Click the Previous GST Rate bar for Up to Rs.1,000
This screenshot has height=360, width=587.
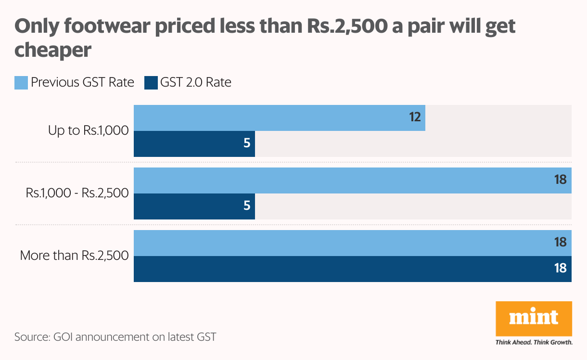point(279,118)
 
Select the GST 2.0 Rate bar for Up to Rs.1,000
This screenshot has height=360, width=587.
point(194,144)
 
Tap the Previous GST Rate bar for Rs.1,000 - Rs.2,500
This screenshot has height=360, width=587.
point(352,180)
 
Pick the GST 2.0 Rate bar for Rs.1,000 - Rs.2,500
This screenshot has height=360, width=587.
point(194,206)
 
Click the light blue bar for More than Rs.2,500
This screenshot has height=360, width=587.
point(352,243)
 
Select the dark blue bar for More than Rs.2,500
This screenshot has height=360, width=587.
point(352,269)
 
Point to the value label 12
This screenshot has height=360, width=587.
point(415,117)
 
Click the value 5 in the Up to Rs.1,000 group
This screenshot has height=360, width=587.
point(247,143)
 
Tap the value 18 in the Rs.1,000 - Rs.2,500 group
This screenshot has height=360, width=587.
point(560,180)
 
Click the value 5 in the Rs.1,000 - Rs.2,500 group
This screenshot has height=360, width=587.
point(247,206)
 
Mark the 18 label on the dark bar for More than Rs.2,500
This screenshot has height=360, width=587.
point(560,269)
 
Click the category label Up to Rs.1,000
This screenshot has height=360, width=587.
point(88,131)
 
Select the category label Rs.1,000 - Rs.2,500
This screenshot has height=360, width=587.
point(77,193)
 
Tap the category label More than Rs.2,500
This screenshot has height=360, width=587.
point(74,256)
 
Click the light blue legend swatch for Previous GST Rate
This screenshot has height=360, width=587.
point(21,83)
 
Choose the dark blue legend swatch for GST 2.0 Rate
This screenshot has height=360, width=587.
point(151,83)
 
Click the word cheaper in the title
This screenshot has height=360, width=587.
point(53,50)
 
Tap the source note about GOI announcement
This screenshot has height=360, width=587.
point(115,337)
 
